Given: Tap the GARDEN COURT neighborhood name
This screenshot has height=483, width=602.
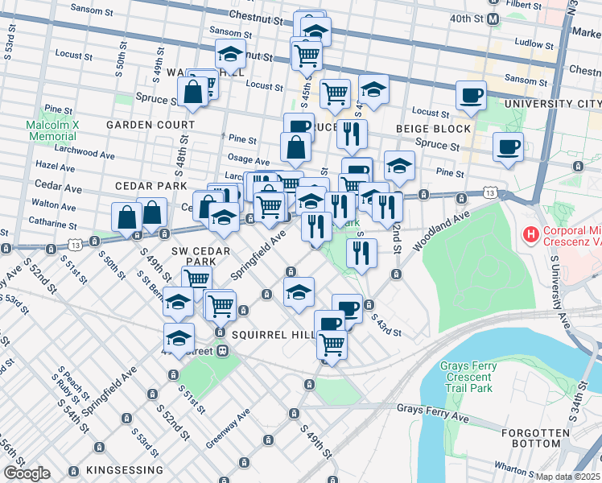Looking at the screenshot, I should coord(150,125).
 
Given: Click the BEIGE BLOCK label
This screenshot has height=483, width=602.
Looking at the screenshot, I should coord(432,129).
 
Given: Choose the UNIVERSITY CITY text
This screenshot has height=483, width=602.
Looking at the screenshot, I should coord(552,105).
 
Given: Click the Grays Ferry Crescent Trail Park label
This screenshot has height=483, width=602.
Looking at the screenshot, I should coord(468,378).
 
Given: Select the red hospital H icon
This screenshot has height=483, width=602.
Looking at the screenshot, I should coord(531,235).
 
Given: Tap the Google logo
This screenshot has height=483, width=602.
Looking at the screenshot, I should coord(27,473).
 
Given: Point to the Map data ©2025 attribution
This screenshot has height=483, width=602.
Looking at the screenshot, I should coord(568,477).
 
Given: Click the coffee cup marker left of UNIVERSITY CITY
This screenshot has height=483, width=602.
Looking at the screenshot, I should coord(471,96).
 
